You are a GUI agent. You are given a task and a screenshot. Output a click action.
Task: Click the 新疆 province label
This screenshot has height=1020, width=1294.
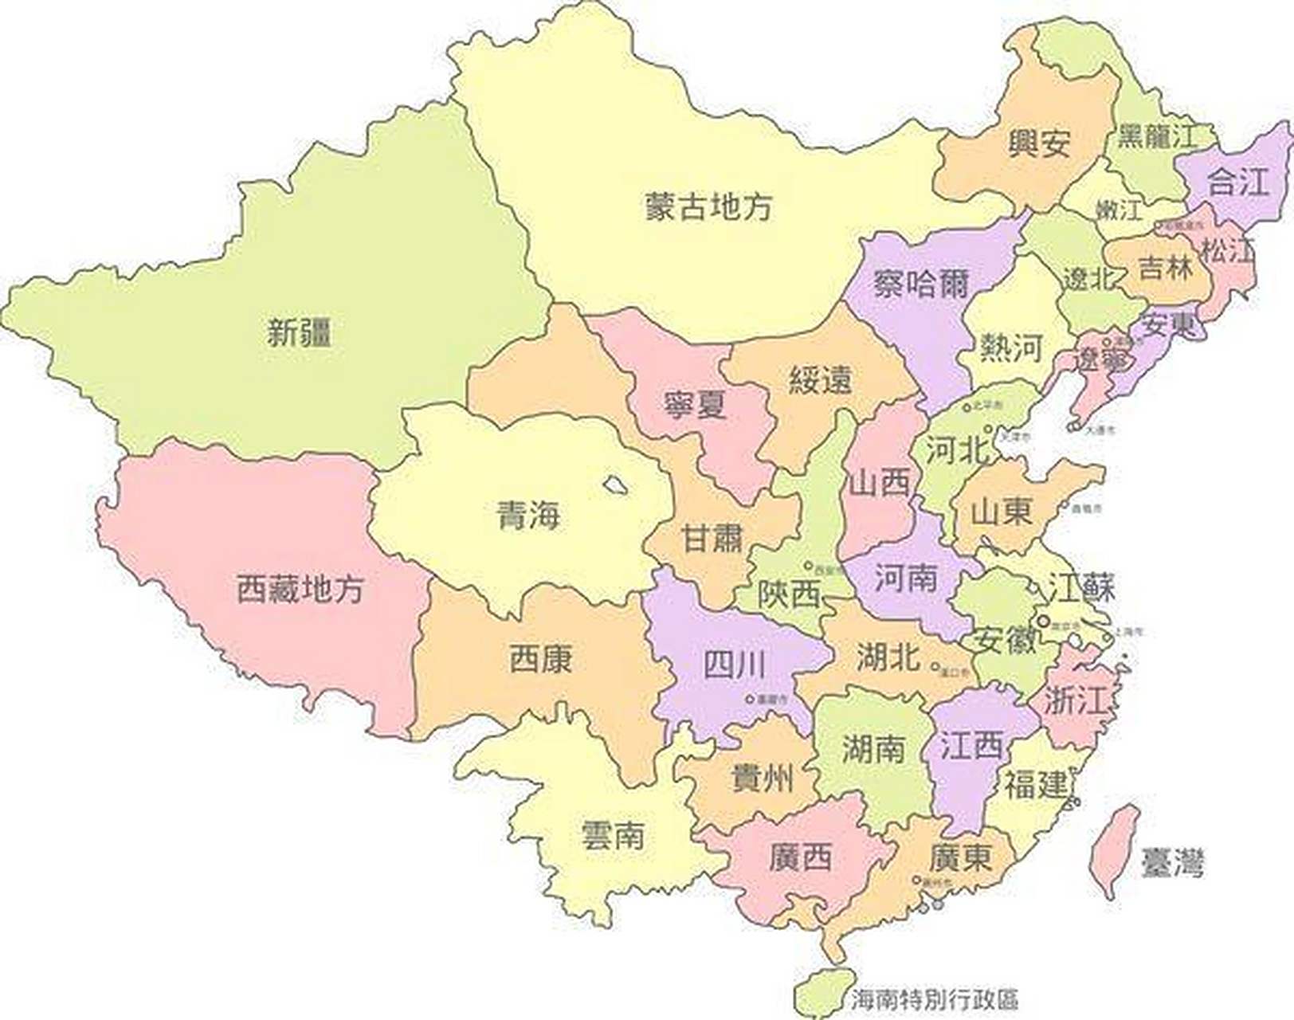(x=299, y=332)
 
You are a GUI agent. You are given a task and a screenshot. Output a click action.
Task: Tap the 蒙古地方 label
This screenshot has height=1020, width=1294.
(x=708, y=206)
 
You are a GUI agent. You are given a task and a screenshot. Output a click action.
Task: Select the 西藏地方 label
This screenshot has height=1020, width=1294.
(x=300, y=589)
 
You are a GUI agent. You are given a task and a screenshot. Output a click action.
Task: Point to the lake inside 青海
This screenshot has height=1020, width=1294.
(x=614, y=485)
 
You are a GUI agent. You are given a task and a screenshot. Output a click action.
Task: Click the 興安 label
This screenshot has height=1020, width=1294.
(x=1039, y=143)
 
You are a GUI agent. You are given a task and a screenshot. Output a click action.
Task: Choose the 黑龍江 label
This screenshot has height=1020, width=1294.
(x=1157, y=136)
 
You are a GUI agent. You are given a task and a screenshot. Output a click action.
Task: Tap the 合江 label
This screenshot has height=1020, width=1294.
(x=1237, y=182)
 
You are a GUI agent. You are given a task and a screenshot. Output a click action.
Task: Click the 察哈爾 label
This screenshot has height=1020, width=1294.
(x=920, y=283)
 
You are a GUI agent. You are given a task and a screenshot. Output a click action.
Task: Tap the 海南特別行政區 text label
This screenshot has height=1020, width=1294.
(x=934, y=999)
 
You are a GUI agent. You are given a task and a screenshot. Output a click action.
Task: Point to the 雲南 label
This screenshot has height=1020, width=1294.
(x=613, y=835)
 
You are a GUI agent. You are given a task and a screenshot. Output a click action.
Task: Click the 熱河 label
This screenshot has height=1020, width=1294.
(x=1010, y=347)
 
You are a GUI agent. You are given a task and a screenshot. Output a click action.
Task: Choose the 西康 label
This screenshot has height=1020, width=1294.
(x=540, y=659)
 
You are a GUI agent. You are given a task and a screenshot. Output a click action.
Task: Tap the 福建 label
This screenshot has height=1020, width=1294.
(x=1035, y=785)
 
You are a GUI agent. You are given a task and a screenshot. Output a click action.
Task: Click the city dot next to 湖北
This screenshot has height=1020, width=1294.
(x=935, y=668)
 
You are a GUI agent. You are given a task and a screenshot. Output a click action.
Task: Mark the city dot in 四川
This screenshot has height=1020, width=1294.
(x=750, y=699)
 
